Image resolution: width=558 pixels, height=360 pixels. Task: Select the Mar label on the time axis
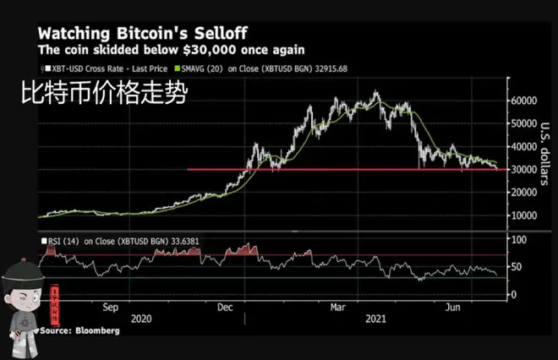pos(336,308)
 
